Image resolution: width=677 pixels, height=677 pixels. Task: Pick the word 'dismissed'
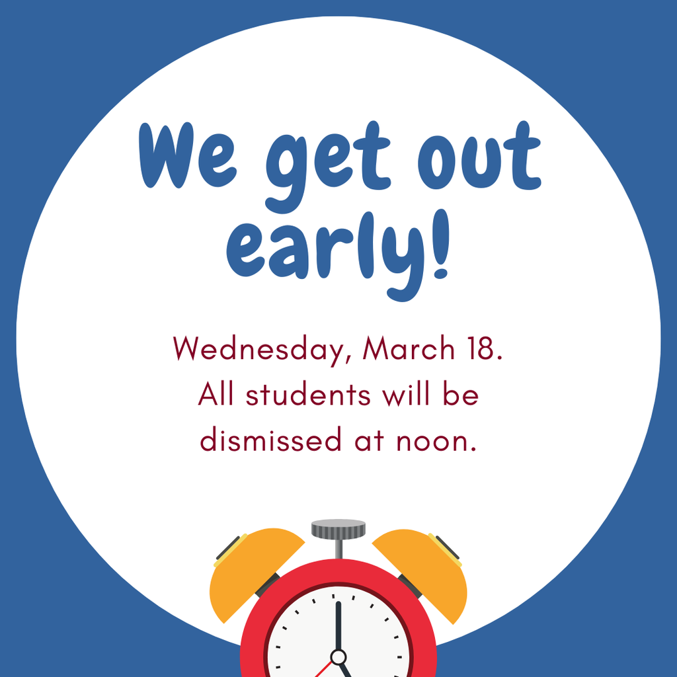click(267, 440)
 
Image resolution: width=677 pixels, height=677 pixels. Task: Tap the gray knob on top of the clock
click(338, 529)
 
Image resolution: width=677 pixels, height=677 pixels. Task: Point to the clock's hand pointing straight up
click(338, 625)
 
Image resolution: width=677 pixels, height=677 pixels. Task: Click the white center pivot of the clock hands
click(338, 657)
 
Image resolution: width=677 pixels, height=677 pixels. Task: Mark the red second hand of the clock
click(323, 668)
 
